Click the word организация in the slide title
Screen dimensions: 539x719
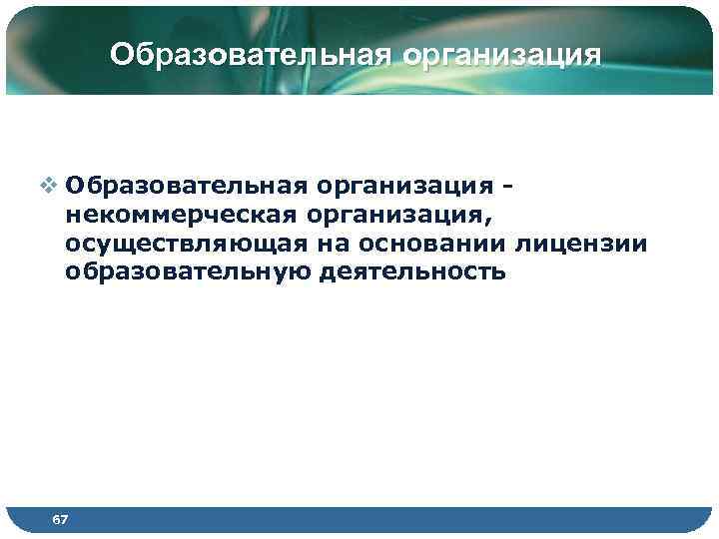tap(501, 53)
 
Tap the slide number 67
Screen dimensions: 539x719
tap(61, 520)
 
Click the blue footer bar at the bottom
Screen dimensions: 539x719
tap(399, 520)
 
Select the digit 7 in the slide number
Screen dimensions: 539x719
tap(65, 520)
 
